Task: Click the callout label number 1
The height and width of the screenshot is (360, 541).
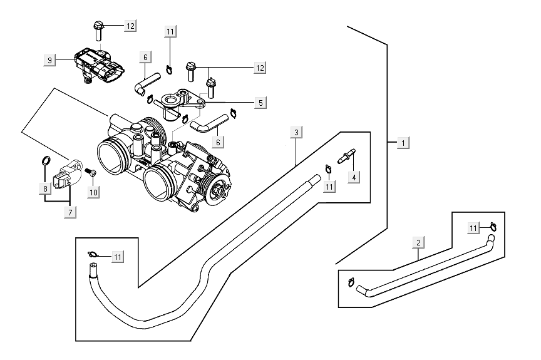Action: (404, 143)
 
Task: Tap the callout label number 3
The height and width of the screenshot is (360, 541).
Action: (297, 131)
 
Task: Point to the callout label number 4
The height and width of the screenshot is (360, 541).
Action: (354, 177)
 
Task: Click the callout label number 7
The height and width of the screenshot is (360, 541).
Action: (70, 213)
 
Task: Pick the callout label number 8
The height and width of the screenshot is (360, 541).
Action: (45, 188)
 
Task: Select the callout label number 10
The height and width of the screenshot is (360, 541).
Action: (93, 192)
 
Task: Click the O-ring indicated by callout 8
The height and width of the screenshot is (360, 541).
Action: (46, 162)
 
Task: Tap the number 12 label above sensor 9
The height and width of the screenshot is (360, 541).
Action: (130, 26)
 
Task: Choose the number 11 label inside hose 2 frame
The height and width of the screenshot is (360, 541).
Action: (474, 228)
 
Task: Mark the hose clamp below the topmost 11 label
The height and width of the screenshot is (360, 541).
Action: (170, 69)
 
